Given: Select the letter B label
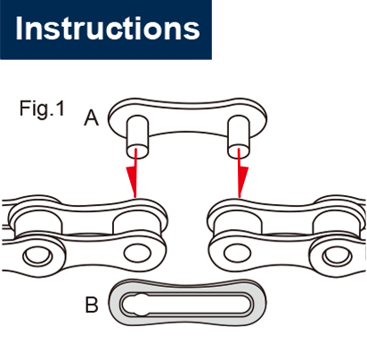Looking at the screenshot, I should click(91, 305).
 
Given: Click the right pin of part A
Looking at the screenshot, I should click(238, 134).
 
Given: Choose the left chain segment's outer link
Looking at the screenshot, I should click(89, 233).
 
